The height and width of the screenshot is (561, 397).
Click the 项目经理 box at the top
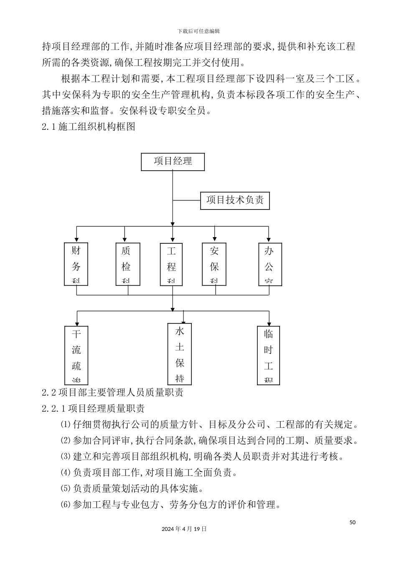(173, 162)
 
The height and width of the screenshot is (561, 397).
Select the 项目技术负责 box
(235, 200)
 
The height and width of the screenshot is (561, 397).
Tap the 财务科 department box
(76, 264)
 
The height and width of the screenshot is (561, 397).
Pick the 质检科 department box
(127, 264)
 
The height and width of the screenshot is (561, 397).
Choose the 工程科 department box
(171, 264)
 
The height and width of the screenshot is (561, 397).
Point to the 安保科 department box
(214, 264)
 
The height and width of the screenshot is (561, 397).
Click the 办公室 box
(270, 264)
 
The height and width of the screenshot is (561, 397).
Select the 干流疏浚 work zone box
(76, 355)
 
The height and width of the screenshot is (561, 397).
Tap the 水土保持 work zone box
(180, 354)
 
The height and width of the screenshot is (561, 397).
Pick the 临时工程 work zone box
(268, 355)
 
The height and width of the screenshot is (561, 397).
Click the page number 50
(352, 522)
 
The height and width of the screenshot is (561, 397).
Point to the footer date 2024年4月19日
(184, 528)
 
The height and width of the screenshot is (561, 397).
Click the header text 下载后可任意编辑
(198, 31)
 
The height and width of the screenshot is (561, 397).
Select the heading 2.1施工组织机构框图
(89, 126)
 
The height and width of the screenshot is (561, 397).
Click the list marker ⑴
(66, 425)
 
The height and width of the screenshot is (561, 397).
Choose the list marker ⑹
(66, 504)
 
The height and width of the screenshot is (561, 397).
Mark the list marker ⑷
(66, 473)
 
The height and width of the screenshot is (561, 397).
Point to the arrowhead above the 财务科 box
(76, 240)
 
